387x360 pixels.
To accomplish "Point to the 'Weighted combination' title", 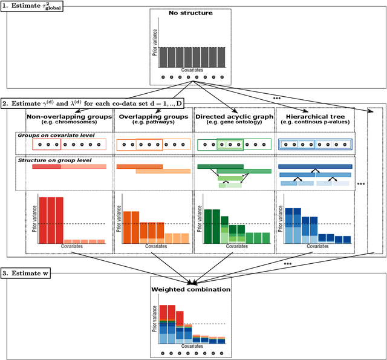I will click(x=190, y=289).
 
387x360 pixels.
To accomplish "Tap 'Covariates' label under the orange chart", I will click(x=152, y=247).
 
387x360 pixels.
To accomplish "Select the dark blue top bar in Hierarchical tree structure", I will click(x=314, y=166).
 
